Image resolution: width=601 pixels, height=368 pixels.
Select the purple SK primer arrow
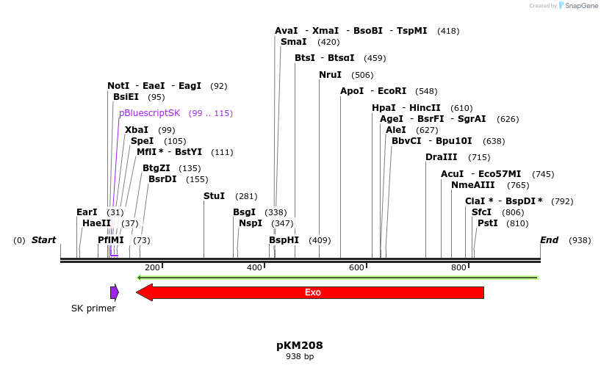114,292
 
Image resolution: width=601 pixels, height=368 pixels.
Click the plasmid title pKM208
300,345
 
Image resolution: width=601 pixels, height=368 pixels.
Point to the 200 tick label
152,267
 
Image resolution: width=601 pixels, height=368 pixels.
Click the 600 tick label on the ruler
356,267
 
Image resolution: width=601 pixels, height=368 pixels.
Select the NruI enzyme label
330,75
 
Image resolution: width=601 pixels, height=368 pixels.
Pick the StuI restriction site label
214,196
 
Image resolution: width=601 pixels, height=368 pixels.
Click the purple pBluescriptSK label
149,113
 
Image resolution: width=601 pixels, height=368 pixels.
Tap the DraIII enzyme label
441,157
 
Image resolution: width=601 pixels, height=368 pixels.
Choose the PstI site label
487,223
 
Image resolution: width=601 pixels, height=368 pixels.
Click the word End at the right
549,240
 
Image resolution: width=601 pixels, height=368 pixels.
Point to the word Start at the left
43,240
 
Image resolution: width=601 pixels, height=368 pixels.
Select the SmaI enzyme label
293,42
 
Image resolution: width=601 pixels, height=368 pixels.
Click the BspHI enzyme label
284,240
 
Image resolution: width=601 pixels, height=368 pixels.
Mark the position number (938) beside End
579,240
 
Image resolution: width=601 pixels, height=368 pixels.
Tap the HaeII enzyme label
96,223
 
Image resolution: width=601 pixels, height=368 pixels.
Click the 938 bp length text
300,357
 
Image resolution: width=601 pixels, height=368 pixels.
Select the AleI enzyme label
395,130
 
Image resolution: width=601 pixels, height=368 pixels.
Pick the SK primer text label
93,309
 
